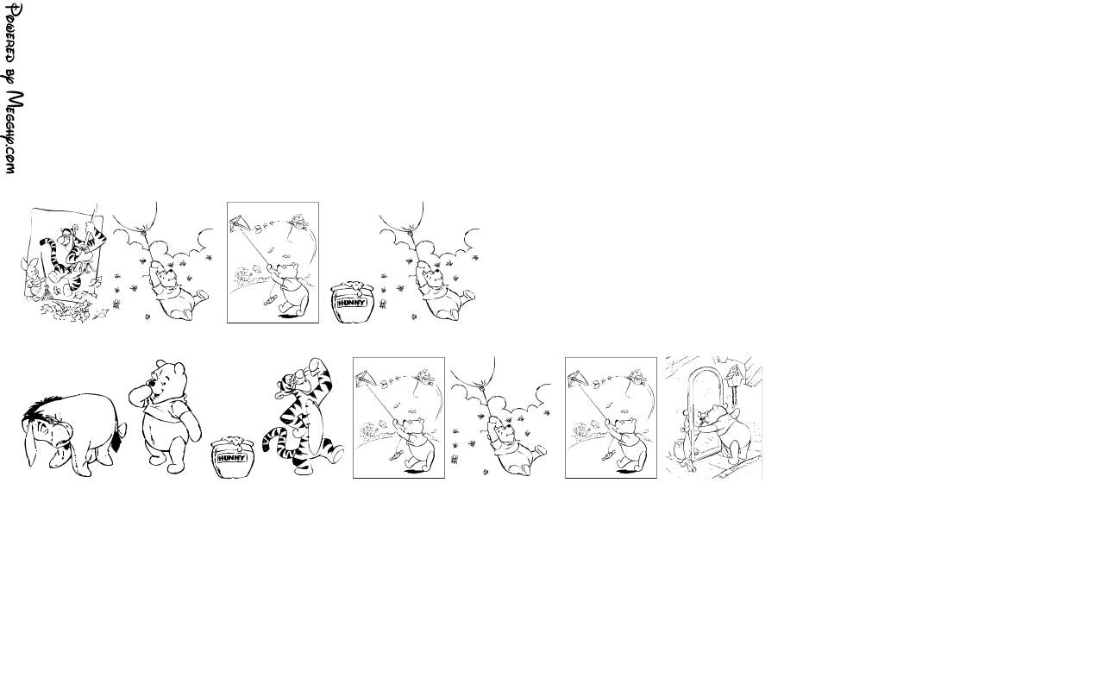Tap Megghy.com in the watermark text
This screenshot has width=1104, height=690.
pos(13,132)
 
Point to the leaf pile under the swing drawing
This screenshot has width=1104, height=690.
pos(69,310)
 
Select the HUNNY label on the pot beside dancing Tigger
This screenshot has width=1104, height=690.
pos(232,458)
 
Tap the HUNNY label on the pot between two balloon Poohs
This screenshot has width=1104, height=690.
pos(352,303)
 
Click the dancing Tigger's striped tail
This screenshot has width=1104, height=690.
pos(274,440)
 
